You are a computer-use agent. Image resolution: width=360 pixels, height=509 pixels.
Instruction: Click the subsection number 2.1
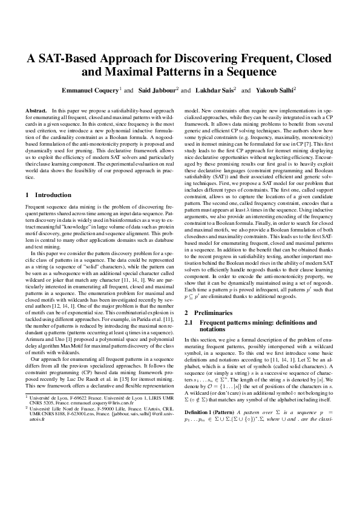[189, 323]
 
